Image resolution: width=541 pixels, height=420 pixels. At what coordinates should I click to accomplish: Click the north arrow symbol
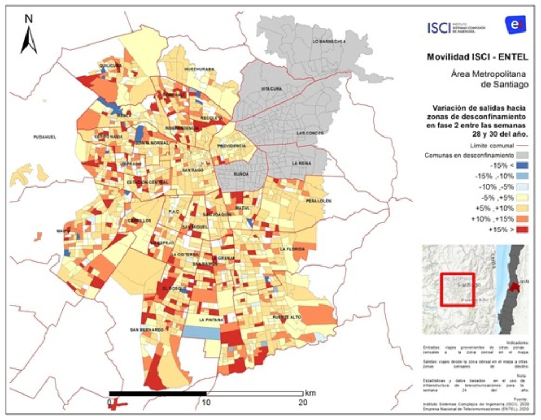coord(29,37)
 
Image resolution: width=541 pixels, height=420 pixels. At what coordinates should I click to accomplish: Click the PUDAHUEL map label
coord(44,137)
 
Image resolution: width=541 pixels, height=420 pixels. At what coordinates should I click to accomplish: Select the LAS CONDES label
coord(309,133)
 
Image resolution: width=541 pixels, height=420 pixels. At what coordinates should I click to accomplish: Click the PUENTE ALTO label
coord(286,316)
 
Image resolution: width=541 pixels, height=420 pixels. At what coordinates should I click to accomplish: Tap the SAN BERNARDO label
coord(147,329)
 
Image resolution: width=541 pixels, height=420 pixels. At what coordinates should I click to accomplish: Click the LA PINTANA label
coord(210,320)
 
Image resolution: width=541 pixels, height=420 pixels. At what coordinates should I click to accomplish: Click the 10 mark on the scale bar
coord(206,403)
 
